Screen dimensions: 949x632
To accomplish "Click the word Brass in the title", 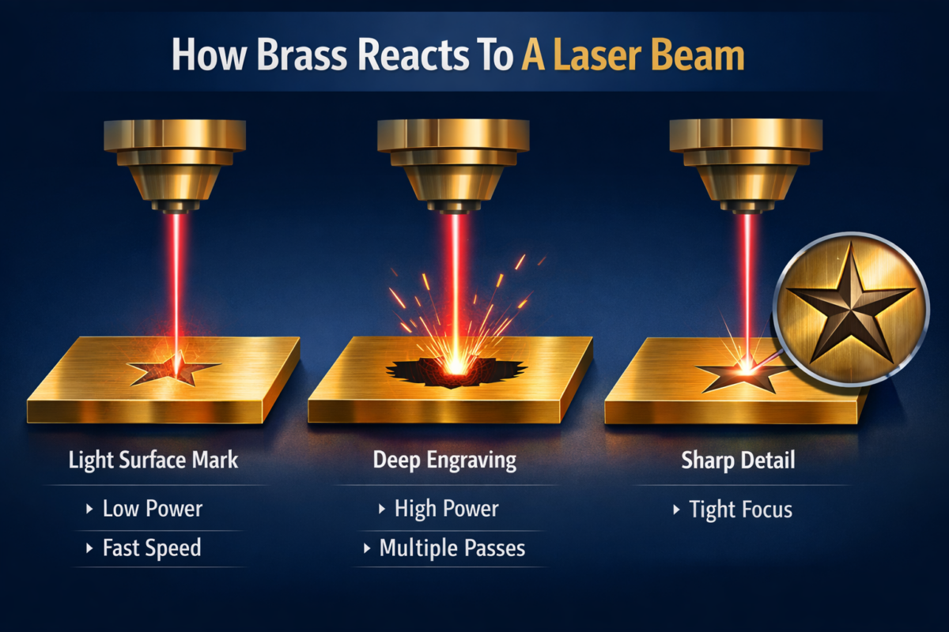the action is pos(302,55).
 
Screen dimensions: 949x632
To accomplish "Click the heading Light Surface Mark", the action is pos(153,460).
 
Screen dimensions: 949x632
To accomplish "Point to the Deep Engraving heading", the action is pos(444,460).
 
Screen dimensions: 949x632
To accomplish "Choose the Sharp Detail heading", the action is pos(738,460).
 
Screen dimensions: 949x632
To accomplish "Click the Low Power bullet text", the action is pos(153,509).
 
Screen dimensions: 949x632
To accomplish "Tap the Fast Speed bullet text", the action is pos(152,547).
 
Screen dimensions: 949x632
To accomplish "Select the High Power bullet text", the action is pos(447,509).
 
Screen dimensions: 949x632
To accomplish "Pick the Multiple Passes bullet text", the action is pos(452,547).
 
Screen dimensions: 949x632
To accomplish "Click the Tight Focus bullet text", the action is pos(741,510).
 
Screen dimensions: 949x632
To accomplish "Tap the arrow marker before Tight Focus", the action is pos(676,510).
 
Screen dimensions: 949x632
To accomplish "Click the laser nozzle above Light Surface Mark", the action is pos(175,166).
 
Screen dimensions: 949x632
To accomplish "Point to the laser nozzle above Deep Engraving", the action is pos(453,166).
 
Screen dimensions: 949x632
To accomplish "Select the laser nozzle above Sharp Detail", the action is pos(746,166).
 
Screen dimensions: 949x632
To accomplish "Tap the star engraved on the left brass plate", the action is pos(175,369).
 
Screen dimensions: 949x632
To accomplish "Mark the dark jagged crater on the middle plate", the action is pos(456,371).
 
